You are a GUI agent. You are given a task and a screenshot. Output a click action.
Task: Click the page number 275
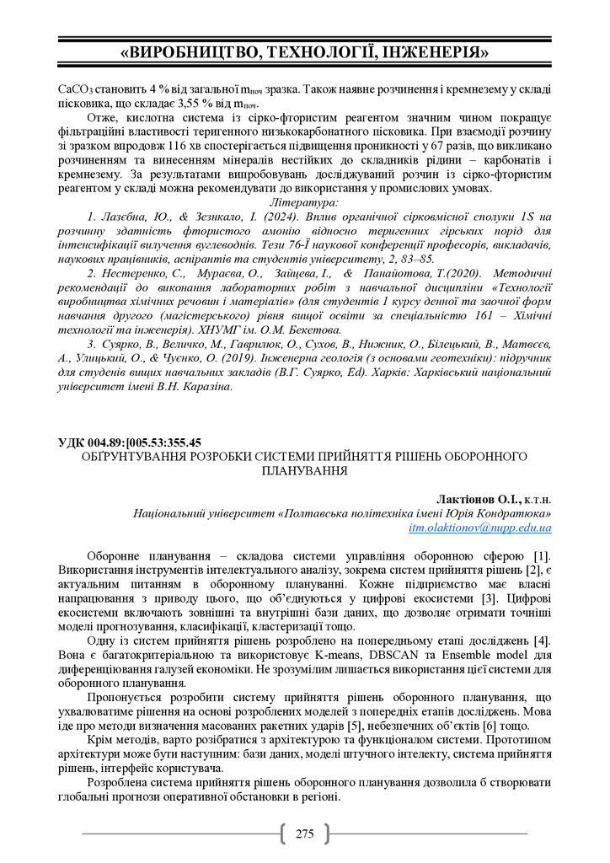[304, 834]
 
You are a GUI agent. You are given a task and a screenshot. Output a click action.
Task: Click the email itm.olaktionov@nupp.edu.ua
[479, 528]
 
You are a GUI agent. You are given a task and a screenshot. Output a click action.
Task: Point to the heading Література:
[304, 203]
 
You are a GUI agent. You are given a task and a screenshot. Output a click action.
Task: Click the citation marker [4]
[541, 641]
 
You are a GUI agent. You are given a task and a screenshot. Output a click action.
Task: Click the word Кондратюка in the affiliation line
[516, 513]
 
